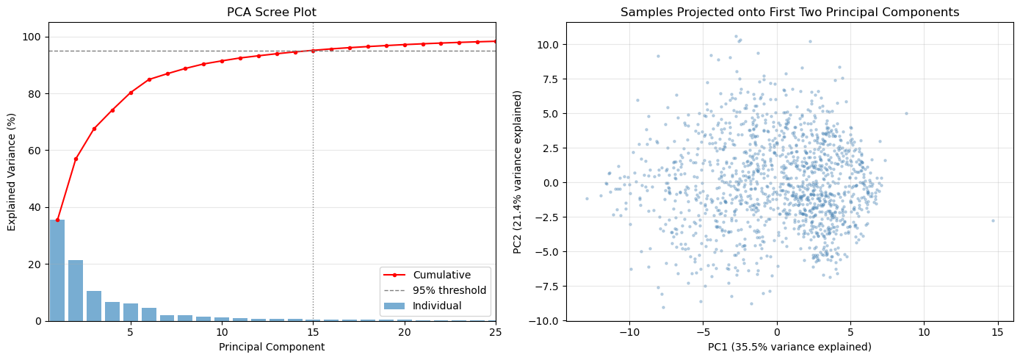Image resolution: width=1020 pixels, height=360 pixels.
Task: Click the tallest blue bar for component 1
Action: (x=57, y=270)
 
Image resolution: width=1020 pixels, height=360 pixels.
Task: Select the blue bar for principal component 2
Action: (x=76, y=290)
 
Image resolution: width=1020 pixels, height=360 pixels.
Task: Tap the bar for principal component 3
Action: (x=94, y=306)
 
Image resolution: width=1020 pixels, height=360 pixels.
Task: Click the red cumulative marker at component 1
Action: (x=57, y=220)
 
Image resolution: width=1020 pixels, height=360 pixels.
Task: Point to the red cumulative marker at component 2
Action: (x=76, y=159)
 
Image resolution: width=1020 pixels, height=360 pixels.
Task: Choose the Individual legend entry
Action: (x=437, y=306)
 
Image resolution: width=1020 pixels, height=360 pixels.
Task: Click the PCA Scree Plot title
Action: (x=272, y=12)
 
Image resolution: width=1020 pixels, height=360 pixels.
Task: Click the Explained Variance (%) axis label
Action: (x=12, y=171)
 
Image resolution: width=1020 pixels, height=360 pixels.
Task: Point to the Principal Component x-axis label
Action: (x=272, y=347)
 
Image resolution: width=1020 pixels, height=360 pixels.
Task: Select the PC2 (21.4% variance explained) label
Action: (x=518, y=171)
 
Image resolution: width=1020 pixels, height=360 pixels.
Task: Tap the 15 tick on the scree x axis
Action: (x=313, y=332)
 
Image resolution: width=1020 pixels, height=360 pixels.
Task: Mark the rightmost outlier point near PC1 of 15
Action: (x=993, y=220)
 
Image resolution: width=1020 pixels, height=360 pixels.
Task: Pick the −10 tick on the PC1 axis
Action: (x=629, y=332)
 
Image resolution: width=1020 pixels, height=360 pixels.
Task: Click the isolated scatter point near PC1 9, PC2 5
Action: (x=906, y=113)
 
